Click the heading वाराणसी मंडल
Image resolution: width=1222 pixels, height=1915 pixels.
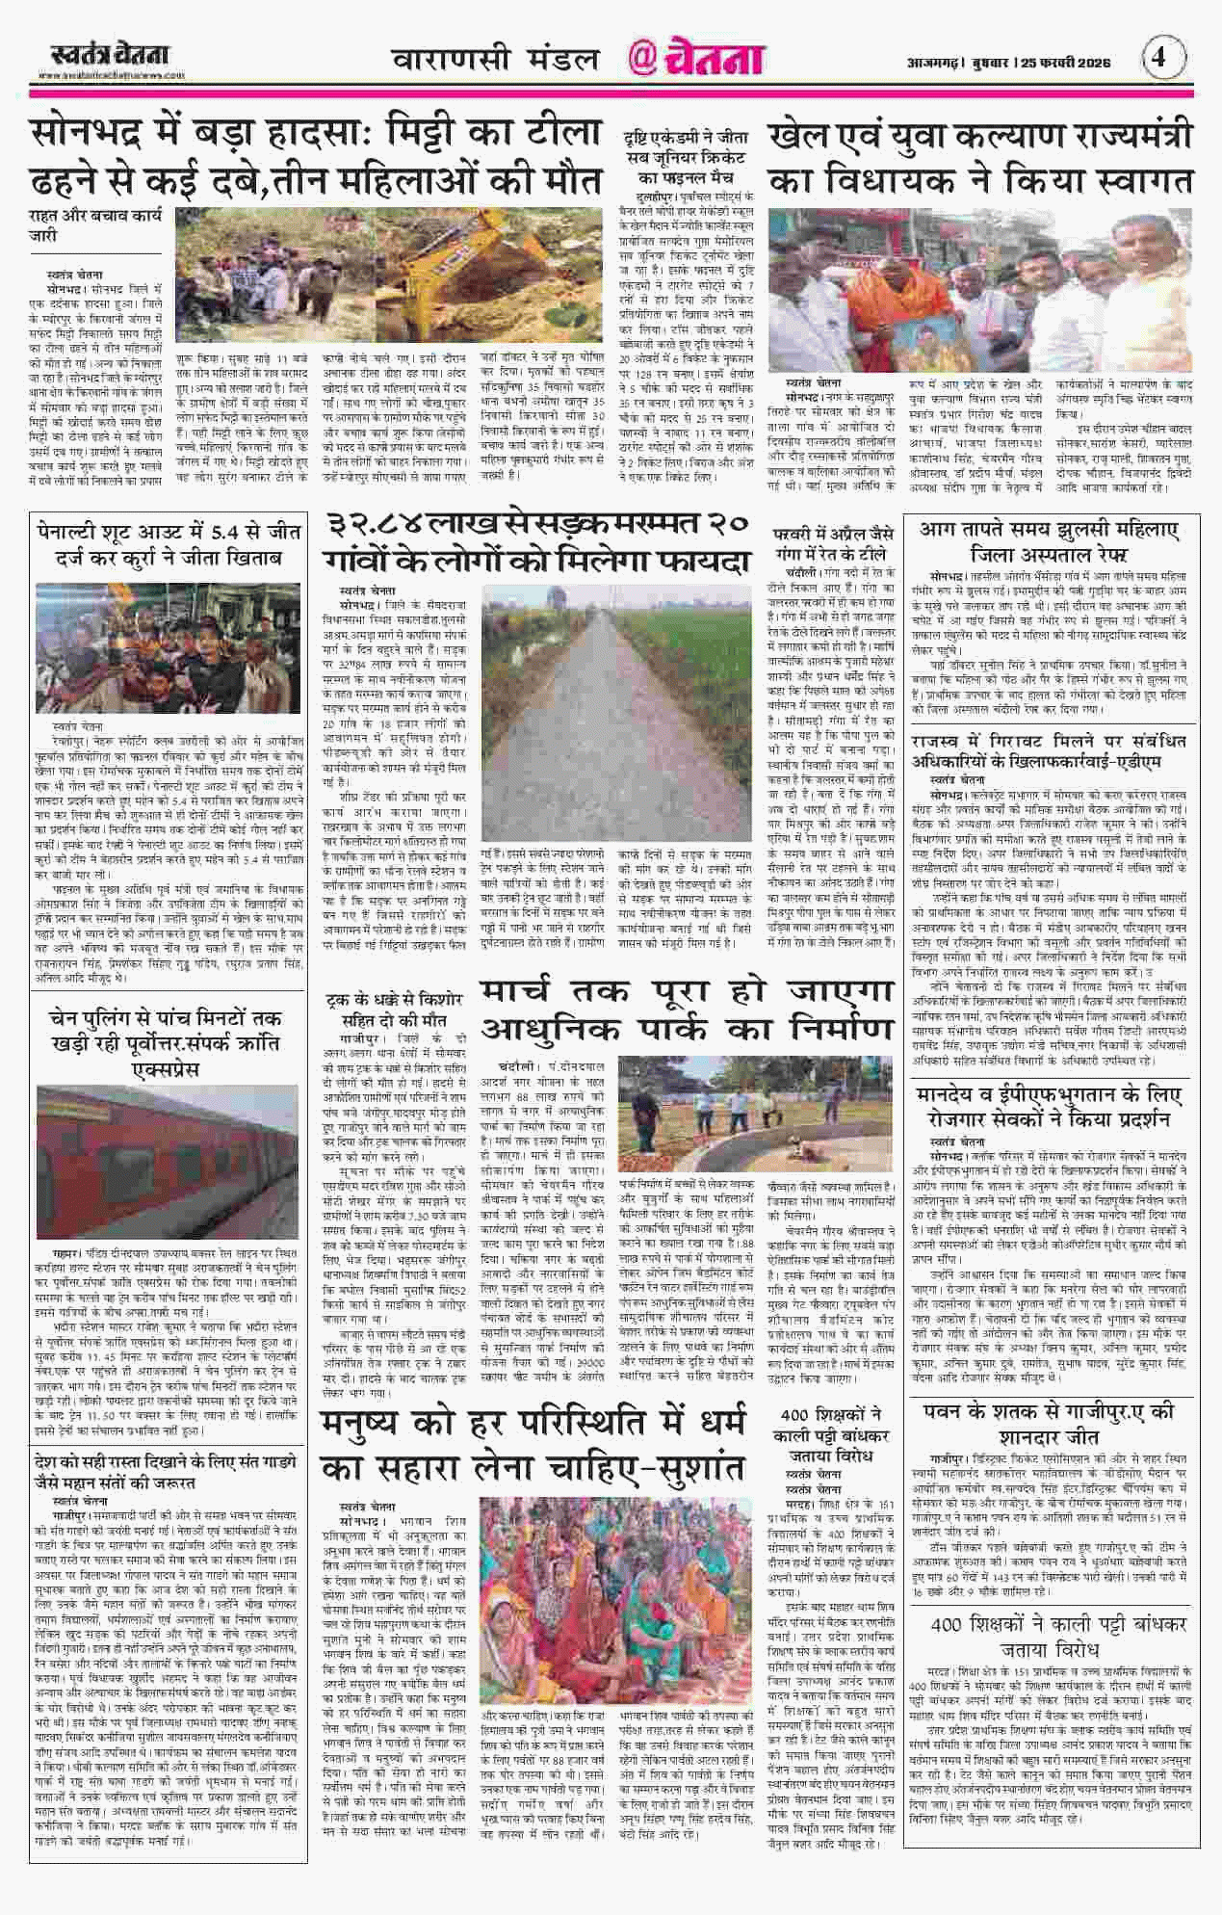495,60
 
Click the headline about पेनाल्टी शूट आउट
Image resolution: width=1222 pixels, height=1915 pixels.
169,543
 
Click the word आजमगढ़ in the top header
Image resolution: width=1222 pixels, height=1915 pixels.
934,63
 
